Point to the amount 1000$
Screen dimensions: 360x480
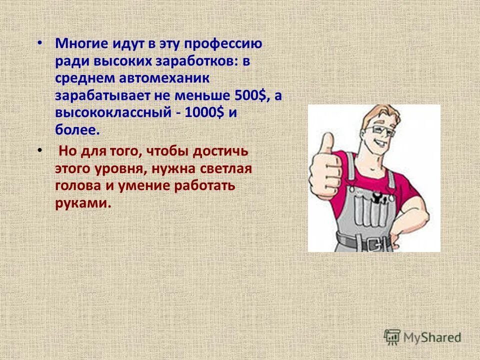click(x=204, y=113)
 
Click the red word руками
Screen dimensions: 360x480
click(x=82, y=203)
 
